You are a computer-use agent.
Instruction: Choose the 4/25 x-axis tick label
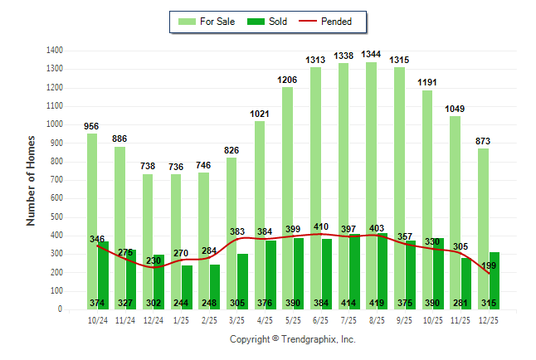tap(266, 319)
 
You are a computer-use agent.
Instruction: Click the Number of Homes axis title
tap(32, 180)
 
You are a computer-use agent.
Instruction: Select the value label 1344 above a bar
tap(371, 55)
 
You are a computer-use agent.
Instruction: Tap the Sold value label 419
tap(377, 303)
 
